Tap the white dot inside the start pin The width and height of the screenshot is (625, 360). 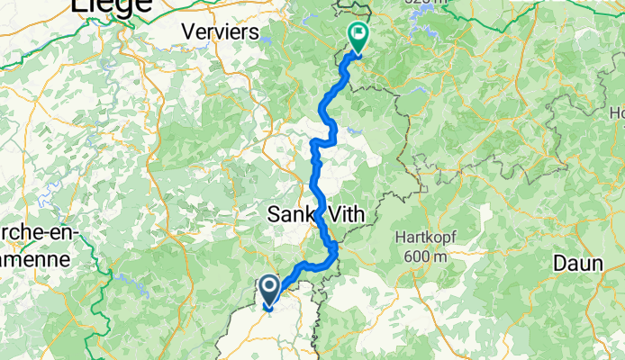point(267,288)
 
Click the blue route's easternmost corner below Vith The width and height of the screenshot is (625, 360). point(336,245)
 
